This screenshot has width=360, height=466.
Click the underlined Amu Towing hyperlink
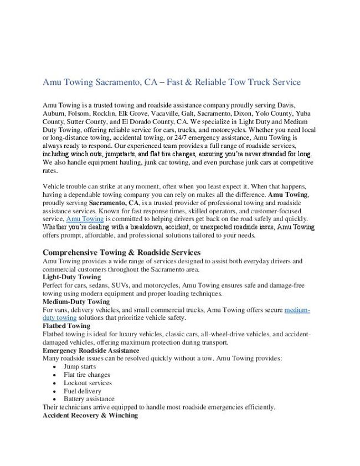pyautogui.click(x=81, y=219)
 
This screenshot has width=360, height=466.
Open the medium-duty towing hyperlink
pyautogui.click(x=297, y=310)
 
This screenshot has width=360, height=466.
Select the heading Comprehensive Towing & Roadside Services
pyautogui.click(x=121, y=252)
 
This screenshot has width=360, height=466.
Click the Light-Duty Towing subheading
pyautogui.click(x=71, y=276)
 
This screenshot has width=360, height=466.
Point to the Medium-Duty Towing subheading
pyautogui.click(x=76, y=301)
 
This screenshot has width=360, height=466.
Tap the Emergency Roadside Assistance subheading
pyautogui.click(x=91, y=351)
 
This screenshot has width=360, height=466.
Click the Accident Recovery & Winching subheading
pyautogui.click(x=90, y=415)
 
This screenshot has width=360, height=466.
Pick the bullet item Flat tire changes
pyautogui.click(x=87, y=375)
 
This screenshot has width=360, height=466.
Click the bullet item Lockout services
pyautogui.click(x=88, y=383)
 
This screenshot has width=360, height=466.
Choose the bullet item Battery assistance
pyautogui.click(x=89, y=399)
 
